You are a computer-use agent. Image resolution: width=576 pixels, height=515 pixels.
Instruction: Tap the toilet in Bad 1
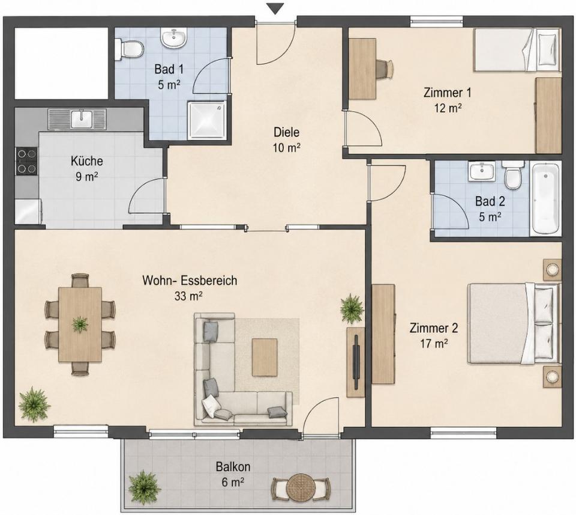(129, 50)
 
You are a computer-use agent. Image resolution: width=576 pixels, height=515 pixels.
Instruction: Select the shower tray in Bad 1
(207, 120)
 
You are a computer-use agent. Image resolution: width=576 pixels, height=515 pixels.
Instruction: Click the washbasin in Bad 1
(174, 38)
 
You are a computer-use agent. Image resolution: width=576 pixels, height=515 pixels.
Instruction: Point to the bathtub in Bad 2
(546, 198)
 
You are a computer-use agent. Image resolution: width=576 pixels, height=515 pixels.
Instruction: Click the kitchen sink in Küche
(77, 119)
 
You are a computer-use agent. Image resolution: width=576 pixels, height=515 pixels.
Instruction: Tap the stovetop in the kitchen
(27, 160)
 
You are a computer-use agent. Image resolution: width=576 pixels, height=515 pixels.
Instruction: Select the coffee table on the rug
(265, 357)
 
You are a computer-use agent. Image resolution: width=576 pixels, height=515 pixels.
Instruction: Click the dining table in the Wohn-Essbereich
(80, 325)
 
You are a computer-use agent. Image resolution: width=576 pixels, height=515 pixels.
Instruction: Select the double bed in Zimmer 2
(514, 323)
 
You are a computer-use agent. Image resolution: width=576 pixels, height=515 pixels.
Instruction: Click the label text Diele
(287, 132)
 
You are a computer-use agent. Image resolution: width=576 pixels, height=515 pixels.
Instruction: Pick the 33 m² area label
(189, 296)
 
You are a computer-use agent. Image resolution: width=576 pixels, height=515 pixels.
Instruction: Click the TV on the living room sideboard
(356, 362)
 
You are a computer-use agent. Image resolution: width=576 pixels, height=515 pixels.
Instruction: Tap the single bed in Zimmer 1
(517, 50)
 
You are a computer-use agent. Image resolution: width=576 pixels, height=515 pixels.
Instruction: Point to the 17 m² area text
(434, 344)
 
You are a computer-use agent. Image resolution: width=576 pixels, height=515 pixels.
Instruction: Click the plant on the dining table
(80, 325)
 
